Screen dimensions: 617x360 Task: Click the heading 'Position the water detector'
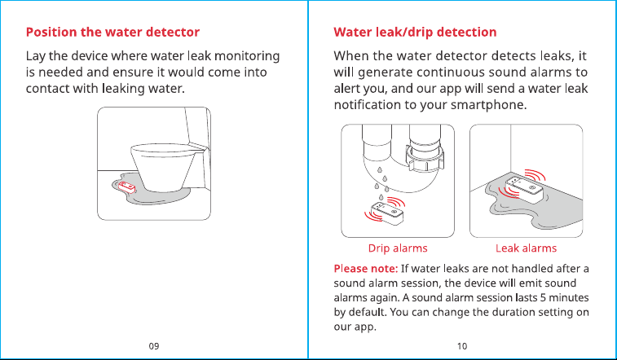coord(113,32)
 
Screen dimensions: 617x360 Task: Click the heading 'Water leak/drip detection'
coord(415,32)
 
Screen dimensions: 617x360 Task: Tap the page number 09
coord(154,346)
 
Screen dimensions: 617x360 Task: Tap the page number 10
coord(462,346)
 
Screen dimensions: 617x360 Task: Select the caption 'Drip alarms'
coord(398,248)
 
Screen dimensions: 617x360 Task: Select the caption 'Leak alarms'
coord(526,248)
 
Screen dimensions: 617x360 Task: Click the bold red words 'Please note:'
coord(366,269)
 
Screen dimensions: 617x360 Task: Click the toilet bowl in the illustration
coord(164,167)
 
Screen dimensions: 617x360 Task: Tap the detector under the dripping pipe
coord(387,213)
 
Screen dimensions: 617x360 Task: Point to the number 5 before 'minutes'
coord(544,297)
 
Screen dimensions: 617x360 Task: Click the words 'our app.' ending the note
coord(355,327)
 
